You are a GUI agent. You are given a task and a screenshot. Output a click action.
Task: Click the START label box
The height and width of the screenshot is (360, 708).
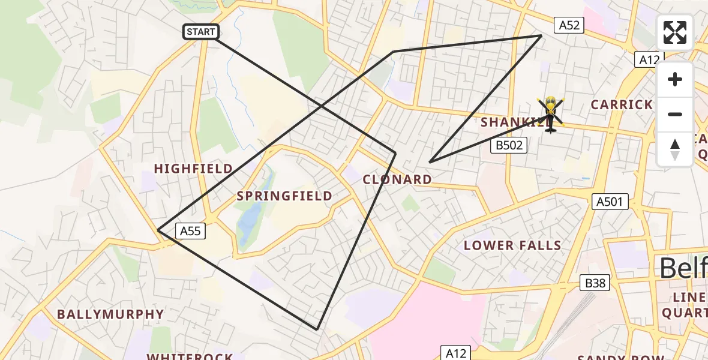tap(201, 32)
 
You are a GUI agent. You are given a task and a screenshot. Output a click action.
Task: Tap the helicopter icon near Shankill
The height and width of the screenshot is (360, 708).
tap(551, 113)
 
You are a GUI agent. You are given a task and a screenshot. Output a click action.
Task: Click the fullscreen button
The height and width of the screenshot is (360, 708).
tap(675, 32)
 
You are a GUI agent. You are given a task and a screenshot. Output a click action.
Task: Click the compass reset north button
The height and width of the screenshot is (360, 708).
tap(675, 149)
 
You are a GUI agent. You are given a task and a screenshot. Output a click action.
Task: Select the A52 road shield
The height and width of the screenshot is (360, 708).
tap(569, 25)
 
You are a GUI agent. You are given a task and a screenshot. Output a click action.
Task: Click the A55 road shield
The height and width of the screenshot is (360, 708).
tap(191, 230)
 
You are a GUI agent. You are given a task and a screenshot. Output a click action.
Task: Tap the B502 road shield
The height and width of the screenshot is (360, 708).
tap(509, 145)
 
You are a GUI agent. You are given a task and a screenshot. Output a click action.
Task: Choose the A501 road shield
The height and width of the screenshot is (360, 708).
tap(610, 202)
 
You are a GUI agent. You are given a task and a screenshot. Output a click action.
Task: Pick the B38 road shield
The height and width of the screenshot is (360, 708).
tap(595, 283)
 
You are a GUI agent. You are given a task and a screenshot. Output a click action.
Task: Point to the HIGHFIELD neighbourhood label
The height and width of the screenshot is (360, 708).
tap(193, 169)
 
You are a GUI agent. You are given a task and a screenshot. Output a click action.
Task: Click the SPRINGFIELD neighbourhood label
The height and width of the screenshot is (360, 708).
tap(284, 196)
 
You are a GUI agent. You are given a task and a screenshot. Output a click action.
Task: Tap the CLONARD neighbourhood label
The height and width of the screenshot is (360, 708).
tap(397, 179)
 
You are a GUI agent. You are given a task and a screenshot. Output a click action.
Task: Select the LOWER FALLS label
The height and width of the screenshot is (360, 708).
tap(512, 245)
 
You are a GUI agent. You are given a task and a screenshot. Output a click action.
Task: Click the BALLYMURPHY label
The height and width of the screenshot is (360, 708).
tap(110, 314)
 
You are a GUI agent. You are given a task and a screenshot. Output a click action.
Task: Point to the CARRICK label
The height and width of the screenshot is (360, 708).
tap(622, 105)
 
